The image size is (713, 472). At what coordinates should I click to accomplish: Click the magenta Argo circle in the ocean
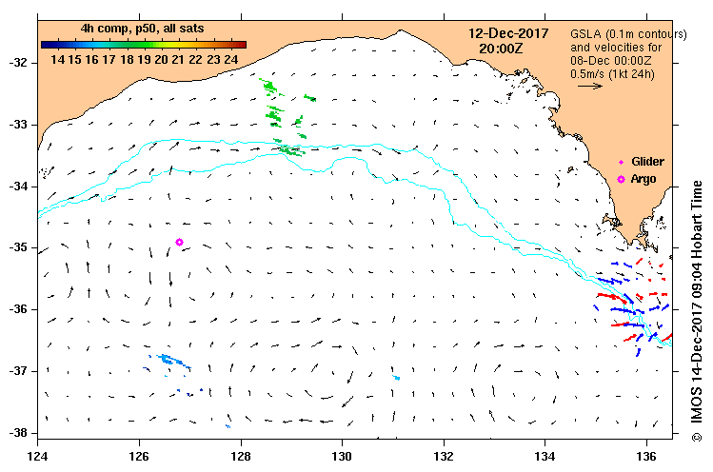(x=179, y=242)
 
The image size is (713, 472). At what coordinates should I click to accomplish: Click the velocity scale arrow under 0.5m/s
(x=590, y=86)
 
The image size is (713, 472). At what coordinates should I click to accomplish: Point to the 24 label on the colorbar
(x=231, y=59)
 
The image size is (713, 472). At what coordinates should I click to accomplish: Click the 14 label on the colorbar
(x=58, y=59)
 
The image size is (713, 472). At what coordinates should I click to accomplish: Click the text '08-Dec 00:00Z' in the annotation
(x=611, y=59)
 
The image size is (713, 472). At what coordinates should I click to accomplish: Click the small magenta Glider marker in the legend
(x=622, y=163)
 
